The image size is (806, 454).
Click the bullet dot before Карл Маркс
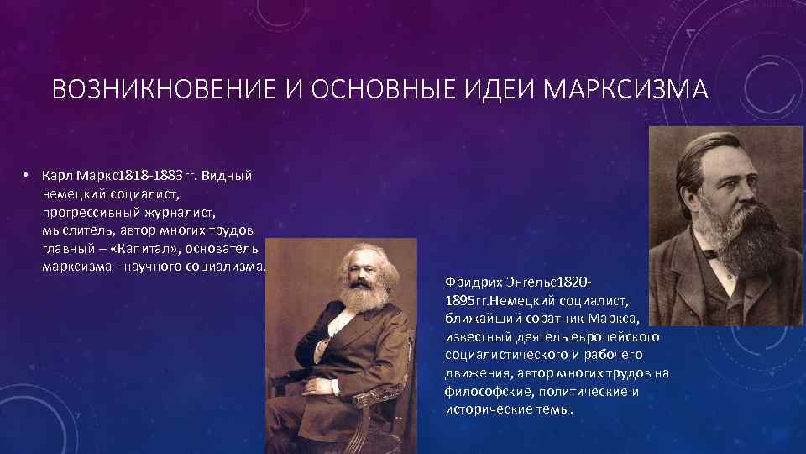tap(27, 176)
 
